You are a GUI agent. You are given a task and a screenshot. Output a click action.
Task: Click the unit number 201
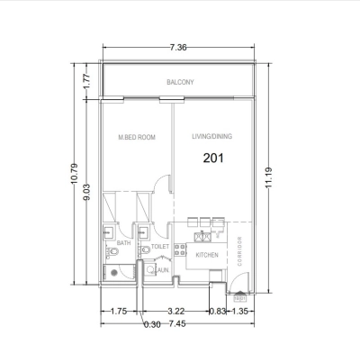(x=213, y=157)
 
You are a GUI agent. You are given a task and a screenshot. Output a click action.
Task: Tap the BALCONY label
(x=180, y=83)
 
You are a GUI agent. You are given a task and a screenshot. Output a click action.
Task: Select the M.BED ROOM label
(x=137, y=138)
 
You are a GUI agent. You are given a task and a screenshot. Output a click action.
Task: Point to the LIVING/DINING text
(x=212, y=138)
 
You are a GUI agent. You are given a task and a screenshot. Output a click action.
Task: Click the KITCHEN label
(x=208, y=255)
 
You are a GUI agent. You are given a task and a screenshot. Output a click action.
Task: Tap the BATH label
(x=124, y=244)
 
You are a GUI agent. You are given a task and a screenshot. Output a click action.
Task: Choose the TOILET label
(x=160, y=245)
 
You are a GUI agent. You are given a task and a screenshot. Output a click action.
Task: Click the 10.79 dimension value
(x=74, y=185)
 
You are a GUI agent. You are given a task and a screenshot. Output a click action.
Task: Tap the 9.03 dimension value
(x=86, y=196)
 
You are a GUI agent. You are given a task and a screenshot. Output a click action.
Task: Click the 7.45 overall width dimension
(x=176, y=323)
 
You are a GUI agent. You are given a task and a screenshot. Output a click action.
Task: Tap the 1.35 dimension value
(x=240, y=311)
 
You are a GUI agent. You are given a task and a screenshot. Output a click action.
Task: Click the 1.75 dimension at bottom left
(x=118, y=311)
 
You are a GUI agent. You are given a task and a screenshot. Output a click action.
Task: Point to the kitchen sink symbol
(x=203, y=237)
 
